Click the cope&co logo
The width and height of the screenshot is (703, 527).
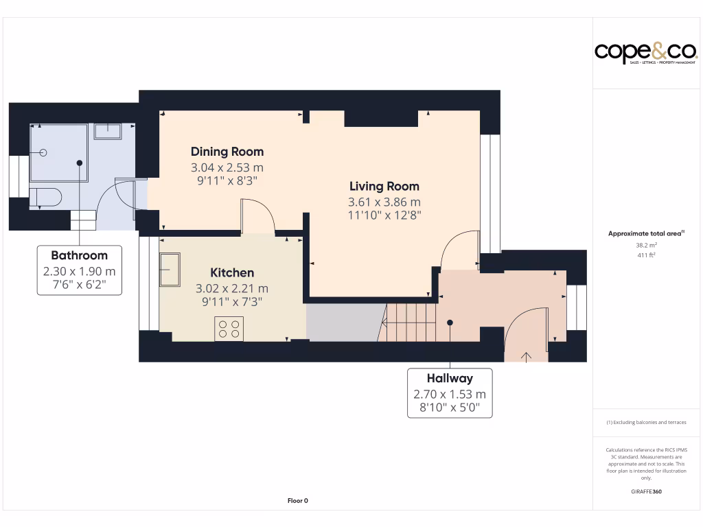pyautogui.click(x=645, y=52)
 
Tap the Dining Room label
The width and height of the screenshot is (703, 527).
pyautogui.click(x=227, y=152)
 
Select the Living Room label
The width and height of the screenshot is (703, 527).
pyautogui.click(x=384, y=186)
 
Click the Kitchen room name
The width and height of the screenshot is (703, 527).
pyautogui.click(x=232, y=273)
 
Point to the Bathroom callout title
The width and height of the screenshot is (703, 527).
pyautogui.click(x=79, y=256)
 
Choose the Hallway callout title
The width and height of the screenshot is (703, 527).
pyautogui.click(x=450, y=378)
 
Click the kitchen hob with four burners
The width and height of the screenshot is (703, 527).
pyautogui.click(x=229, y=329)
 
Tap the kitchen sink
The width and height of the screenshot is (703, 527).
pyautogui.click(x=170, y=270)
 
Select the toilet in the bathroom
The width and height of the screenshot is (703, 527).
pyautogui.click(x=45, y=198)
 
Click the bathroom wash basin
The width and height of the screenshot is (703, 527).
pyautogui.click(x=107, y=130)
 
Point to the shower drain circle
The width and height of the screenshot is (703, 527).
pyautogui.click(x=43, y=153)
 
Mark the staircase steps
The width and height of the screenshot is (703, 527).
pyautogui.click(x=411, y=323)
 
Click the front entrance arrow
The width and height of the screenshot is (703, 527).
pyautogui.click(x=527, y=356)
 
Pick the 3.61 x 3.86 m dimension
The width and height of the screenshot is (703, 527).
pyautogui.click(x=384, y=202)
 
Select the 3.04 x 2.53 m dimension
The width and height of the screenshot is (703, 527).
pyautogui.click(x=227, y=167)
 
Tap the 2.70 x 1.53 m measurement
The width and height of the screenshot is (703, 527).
pyautogui.click(x=450, y=394)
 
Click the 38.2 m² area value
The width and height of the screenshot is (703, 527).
pyautogui.click(x=645, y=245)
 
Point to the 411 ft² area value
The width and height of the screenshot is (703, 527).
pyautogui.click(x=645, y=255)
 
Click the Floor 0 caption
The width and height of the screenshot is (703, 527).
pyautogui.click(x=297, y=501)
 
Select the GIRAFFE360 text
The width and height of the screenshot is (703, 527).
pyautogui.click(x=645, y=491)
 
